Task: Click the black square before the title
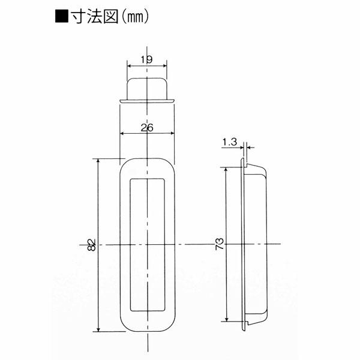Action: tap(62, 16)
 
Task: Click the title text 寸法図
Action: tap(95, 17)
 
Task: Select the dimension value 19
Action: tap(146, 59)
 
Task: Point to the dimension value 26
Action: tap(147, 128)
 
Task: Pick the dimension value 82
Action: tap(91, 245)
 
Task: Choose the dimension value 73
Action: tap(220, 244)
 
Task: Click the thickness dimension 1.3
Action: tap(230, 142)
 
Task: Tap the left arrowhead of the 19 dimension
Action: tap(129, 66)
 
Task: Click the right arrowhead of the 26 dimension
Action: tap(172, 133)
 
